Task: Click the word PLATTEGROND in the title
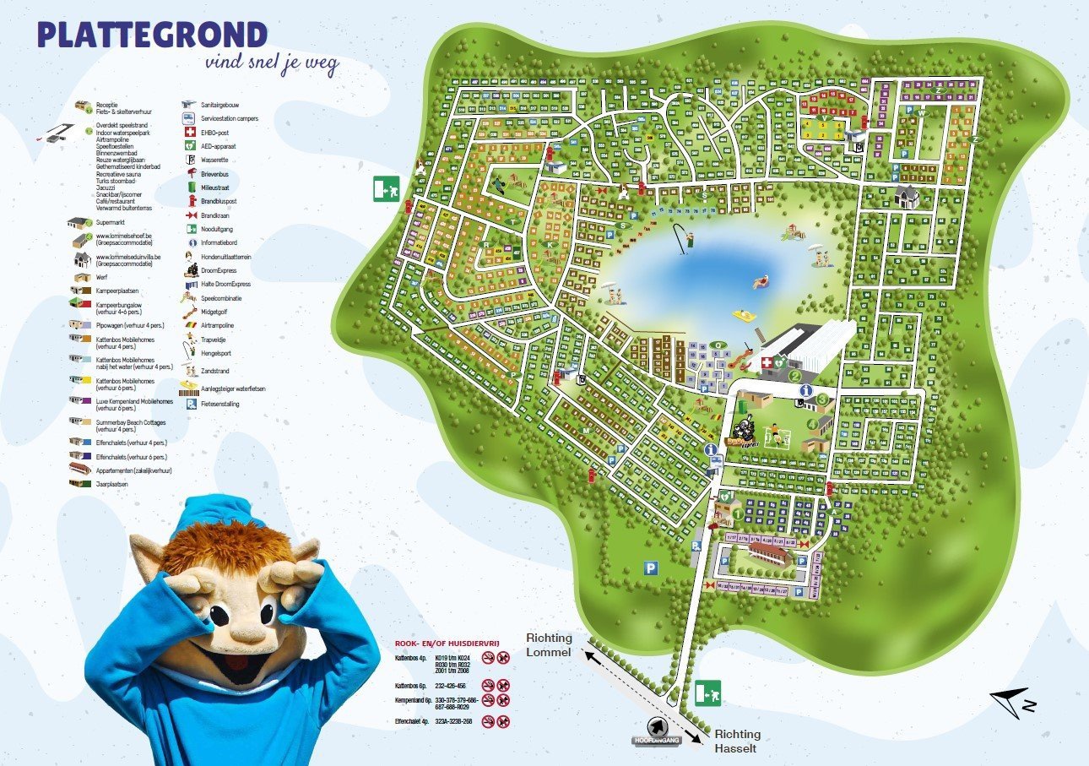coord(152,35)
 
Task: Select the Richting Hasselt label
coord(737,741)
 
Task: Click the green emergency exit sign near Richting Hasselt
coord(707,694)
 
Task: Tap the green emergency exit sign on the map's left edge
coord(385,190)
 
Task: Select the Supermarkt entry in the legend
coord(111,223)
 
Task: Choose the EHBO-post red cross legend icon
coord(189,133)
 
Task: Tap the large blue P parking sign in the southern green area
coord(651,569)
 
